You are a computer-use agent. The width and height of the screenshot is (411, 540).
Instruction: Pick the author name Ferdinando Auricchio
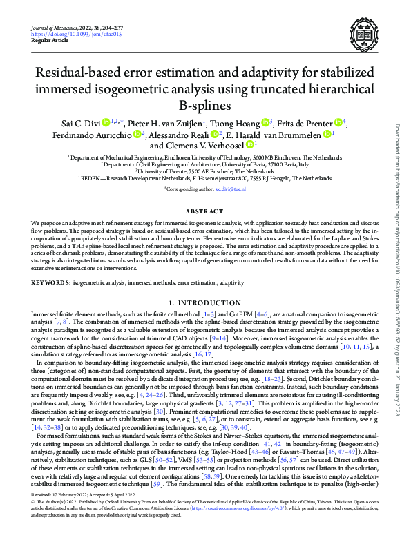(x=100, y=133)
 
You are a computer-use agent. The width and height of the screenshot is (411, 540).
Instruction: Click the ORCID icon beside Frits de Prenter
(x=338, y=122)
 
